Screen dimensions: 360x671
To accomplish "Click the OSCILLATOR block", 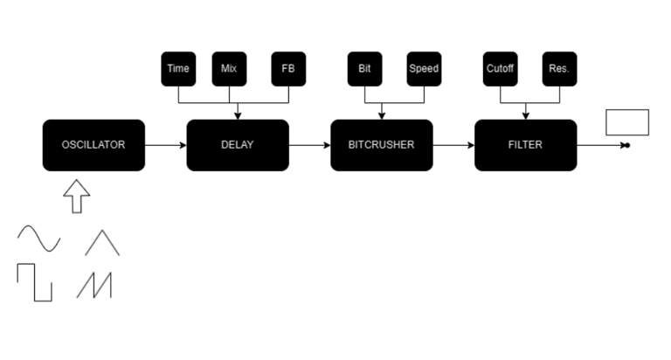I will coord(93,145).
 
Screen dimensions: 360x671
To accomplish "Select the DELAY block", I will coord(238,145).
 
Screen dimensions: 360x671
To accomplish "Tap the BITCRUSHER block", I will coord(382,145).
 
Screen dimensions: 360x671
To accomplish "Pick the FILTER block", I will coord(525,145).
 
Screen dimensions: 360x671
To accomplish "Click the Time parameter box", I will coord(178,69).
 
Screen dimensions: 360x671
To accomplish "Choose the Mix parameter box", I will coord(229,69).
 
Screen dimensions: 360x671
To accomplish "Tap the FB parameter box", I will coord(288,69).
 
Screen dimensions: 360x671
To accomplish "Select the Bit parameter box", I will coord(364,69).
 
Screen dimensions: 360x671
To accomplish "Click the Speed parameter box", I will coord(424,69).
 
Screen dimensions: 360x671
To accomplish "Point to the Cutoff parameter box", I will coord(500,69).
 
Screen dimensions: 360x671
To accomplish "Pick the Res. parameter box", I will coord(559,69).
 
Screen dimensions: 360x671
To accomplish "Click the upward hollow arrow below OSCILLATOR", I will coord(77,196).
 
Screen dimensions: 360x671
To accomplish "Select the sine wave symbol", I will coord(39,239).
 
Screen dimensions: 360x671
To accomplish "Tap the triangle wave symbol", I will coord(102,242).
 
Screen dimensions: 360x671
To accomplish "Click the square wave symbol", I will coord(35,282).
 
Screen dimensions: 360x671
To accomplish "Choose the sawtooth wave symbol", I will coord(94,285).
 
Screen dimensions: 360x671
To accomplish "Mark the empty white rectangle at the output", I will coord(627,122).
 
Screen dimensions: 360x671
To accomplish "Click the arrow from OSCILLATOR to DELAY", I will coord(165,145).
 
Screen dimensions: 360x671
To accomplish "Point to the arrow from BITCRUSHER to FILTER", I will coord(453,145).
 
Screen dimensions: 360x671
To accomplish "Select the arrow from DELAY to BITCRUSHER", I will coord(309,145).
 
